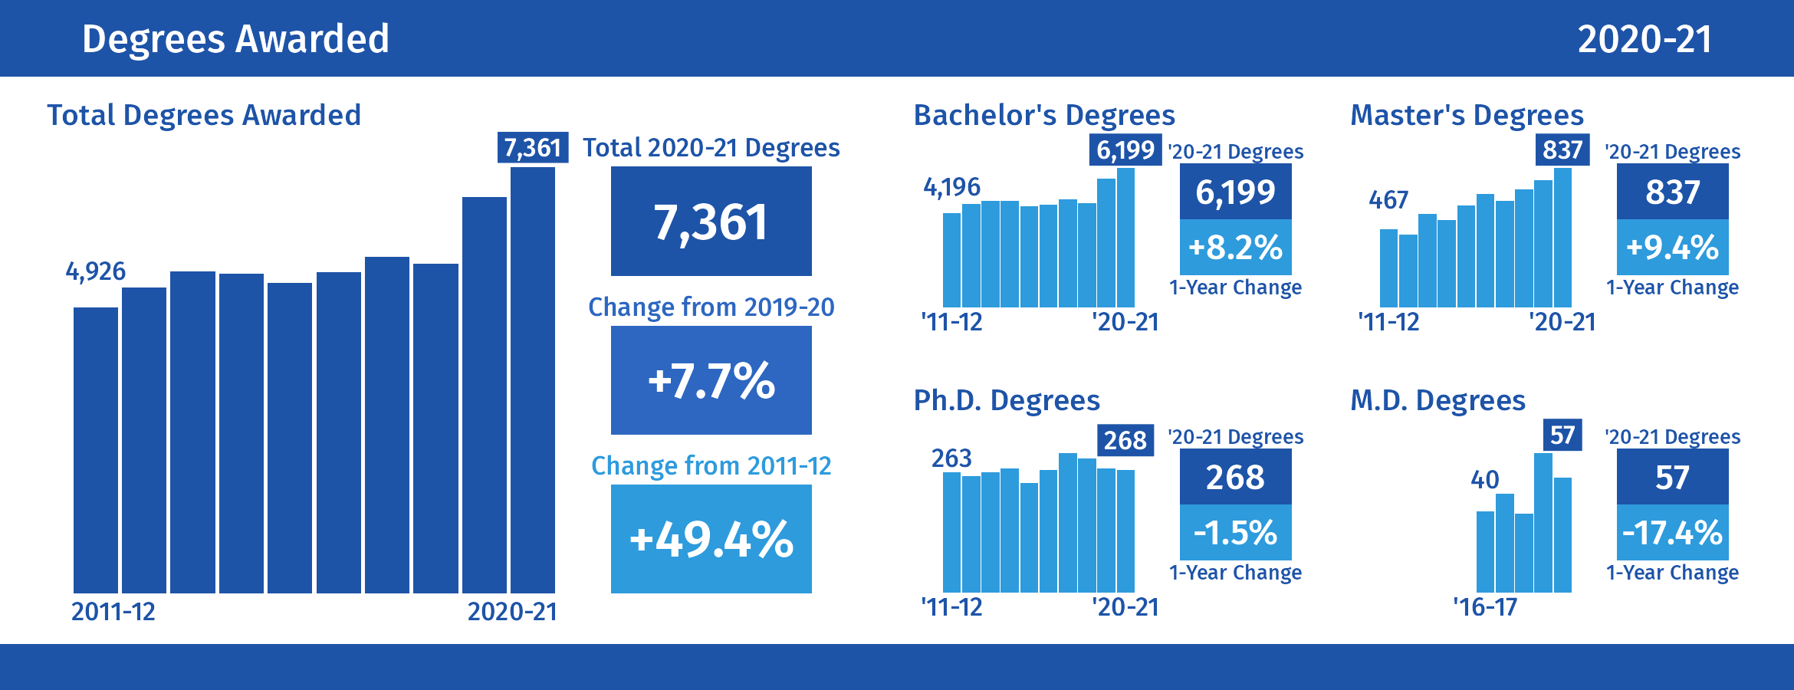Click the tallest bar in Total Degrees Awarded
click(x=533, y=379)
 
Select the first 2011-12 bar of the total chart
click(x=96, y=450)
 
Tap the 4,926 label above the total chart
click(x=96, y=271)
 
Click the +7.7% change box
click(x=711, y=380)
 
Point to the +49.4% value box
click(x=711, y=539)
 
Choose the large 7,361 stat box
click(x=711, y=222)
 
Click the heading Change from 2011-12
click(x=711, y=465)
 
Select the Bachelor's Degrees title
click(x=1044, y=115)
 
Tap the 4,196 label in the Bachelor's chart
click(x=951, y=187)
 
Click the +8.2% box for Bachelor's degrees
click(x=1235, y=248)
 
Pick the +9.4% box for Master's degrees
click(x=1672, y=248)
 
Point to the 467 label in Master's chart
click(x=1388, y=200)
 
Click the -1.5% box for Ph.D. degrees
click(x=1235, y=533)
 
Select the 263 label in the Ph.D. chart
click(x=951, y=458)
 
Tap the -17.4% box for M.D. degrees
click(x=1672, y=533)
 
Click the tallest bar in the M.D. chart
click(x=1543, y=523)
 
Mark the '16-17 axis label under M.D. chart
click(x=1485, y=607)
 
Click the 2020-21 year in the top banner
click(x=1644, y=39)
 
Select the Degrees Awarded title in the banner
click(x=235, y=39)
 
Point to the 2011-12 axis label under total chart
click(x=113, y=612)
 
